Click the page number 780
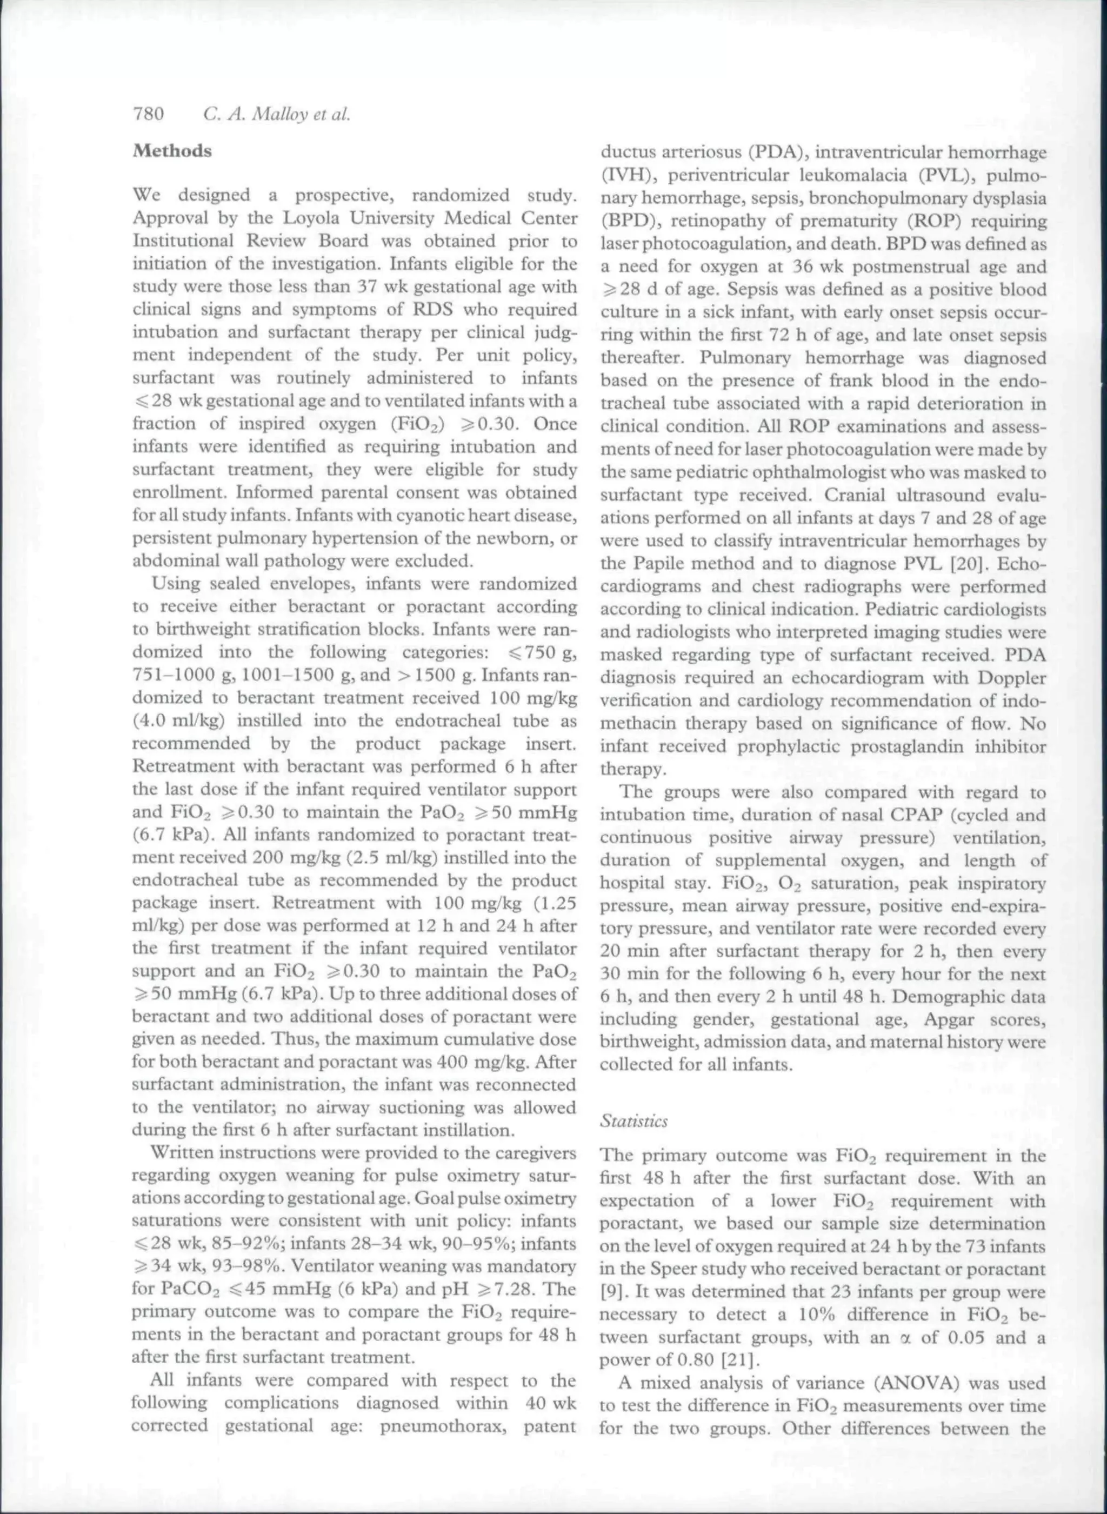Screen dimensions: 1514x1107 tap(149, 115)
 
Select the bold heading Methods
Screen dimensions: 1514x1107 tap(172, 151)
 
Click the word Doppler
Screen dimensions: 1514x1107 tap(1011, 677)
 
